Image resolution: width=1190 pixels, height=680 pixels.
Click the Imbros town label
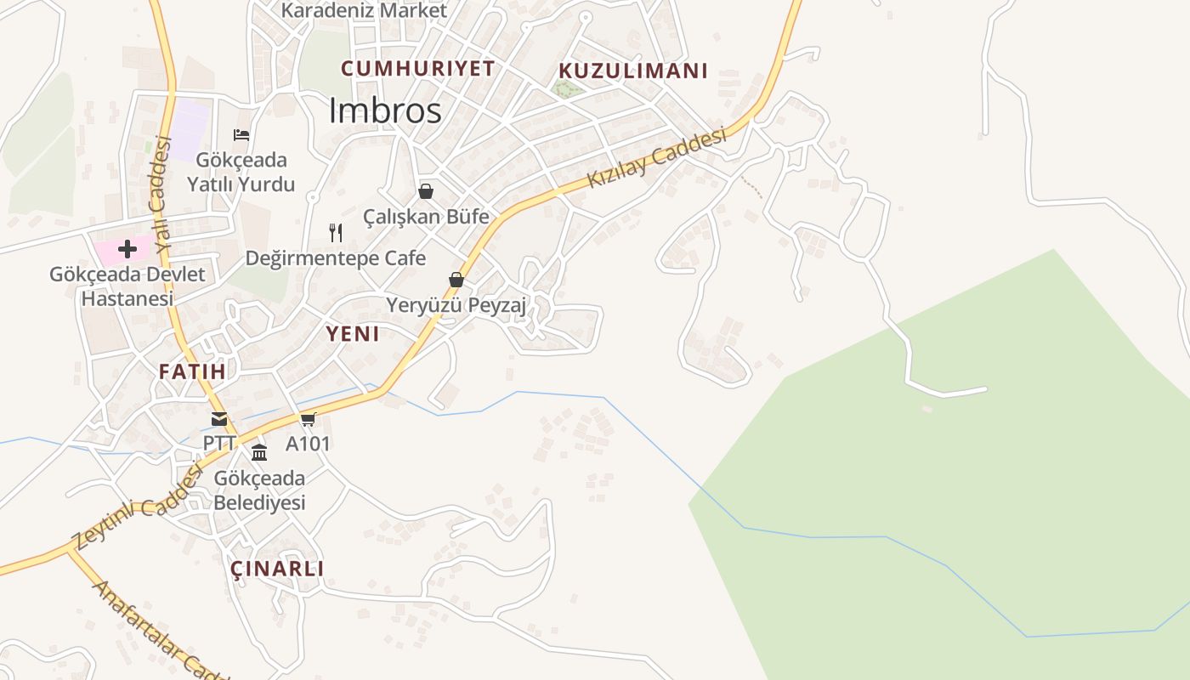(385, 111)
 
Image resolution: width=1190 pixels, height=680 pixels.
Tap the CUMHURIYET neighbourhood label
(417, 69)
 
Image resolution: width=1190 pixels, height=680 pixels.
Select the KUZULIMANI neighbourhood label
(633, 71)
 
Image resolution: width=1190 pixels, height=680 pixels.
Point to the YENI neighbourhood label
(353, 334)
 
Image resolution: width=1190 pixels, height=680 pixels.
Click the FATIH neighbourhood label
(192, 371)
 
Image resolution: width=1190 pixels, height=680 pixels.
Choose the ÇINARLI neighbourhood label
(277, 569)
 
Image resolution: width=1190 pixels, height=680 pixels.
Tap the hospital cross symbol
(127, 249)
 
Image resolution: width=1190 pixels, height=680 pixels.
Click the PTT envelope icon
(219, 419)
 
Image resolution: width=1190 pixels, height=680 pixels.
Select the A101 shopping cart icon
(308, 419)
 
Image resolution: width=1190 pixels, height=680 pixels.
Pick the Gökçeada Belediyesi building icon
(259, 452)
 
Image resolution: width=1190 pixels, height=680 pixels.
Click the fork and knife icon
(336, 232)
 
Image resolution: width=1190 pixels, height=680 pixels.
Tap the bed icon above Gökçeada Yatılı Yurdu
(241, 134)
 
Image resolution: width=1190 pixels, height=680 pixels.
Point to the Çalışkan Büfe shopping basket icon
(426, 191)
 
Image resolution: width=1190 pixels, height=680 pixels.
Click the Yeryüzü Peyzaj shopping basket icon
(456, 280)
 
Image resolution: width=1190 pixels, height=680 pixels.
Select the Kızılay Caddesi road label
(658, 158)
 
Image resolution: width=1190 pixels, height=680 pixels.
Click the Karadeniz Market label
(364, 10)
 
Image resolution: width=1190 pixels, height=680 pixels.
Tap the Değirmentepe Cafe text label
(336, 258)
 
